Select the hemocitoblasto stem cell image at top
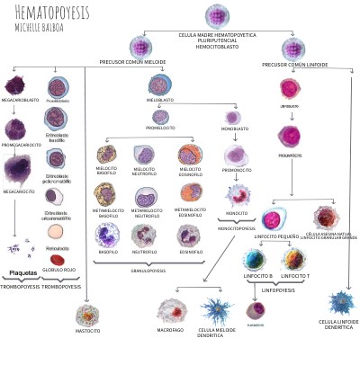tap(217, 15)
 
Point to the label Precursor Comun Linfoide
tap(294, 64)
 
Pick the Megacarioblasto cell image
tap(14, 86)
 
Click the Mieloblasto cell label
tap(161, 102)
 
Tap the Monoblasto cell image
tap(232, 118)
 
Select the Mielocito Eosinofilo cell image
tap(189, 155)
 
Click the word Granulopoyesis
tap(148, 268)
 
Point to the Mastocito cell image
tap(87, 316)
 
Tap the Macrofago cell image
tap(172, 310)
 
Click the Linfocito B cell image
tap(255, 261)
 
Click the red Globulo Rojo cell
tap(58, 260)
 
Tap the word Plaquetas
tap(22, 272)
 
